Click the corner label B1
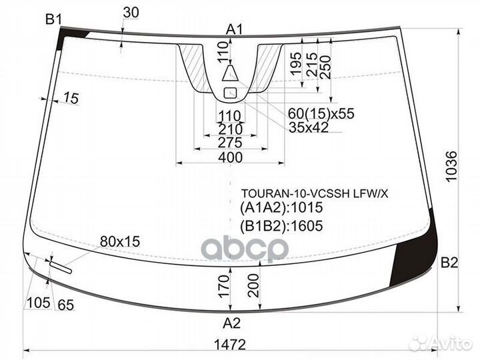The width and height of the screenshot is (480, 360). point(54,20)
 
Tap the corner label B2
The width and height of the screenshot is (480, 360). point(449,263)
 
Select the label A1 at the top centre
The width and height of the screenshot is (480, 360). point(234,30)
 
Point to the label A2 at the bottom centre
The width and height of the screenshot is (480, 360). point(232,323)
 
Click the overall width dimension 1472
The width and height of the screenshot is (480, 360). point(229,345)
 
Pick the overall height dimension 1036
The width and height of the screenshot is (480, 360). point(451,166)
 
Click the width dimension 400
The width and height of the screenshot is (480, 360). point(230,157)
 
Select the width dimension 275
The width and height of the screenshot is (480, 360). point(230,143)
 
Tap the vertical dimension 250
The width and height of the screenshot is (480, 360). point(325,67)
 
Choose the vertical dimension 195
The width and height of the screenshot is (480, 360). point(296,64)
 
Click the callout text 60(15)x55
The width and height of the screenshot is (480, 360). point(321,113)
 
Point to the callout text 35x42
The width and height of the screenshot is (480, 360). point(309,127)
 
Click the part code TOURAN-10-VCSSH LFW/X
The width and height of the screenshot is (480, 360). point(315,193)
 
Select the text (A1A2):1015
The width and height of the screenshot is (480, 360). point(281,207)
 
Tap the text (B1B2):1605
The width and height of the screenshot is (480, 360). point(281,226)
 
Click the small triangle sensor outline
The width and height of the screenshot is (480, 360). point(230,73)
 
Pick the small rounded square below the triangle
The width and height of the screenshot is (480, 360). point(231,93)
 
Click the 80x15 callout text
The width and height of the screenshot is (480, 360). point(120,241)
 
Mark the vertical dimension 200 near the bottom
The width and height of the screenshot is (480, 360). point(253,285)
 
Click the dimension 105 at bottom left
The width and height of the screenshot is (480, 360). point(38,303)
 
